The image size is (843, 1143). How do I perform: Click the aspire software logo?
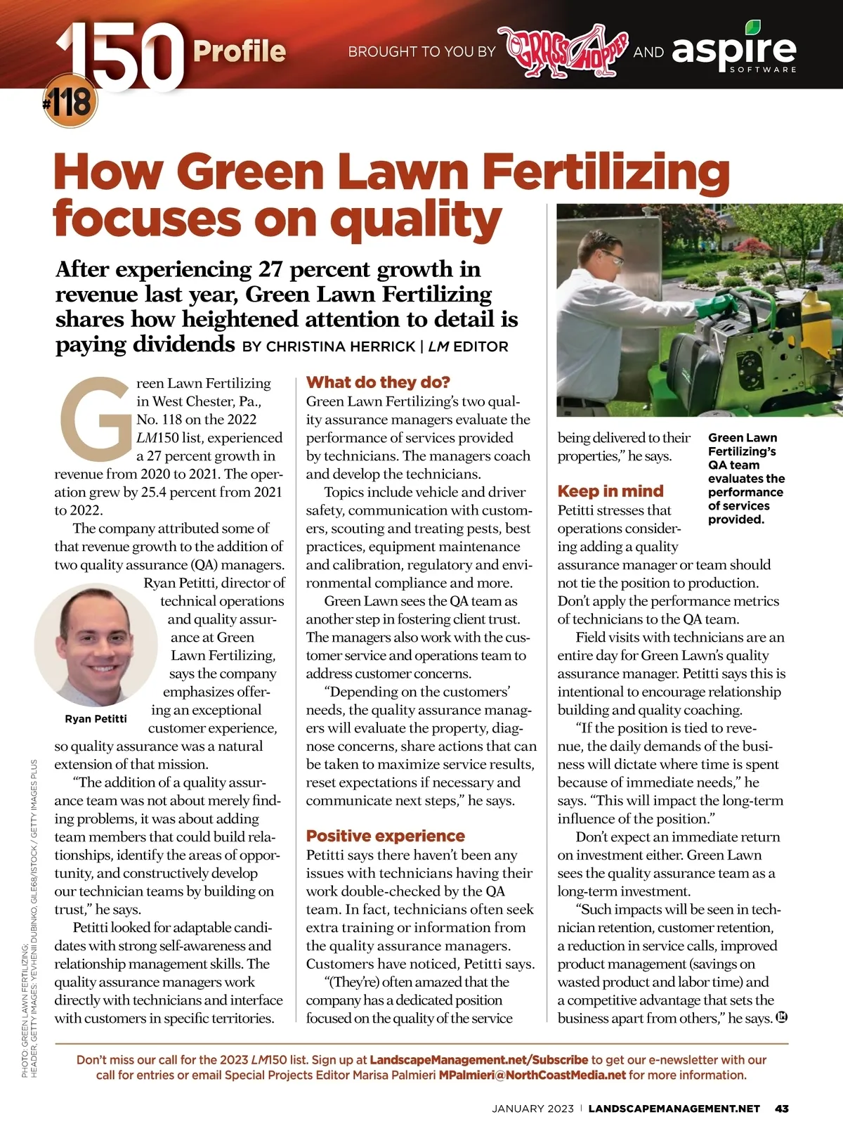point(735,49)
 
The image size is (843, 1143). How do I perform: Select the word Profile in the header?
point(239,51)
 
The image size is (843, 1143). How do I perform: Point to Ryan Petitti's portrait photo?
point(96,645)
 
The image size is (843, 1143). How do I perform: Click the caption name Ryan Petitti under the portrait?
point(96,719)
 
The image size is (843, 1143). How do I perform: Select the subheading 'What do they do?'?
point(378,382)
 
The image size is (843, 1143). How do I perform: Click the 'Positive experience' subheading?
point(385,836)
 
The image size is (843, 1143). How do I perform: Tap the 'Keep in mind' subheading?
point(610,491)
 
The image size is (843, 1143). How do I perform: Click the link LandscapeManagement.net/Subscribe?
point(478,1059)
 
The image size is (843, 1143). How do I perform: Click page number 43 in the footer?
point(781,1109)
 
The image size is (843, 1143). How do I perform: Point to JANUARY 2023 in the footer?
point(533,1109)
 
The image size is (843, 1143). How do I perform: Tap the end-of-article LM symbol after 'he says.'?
point(781,1018)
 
